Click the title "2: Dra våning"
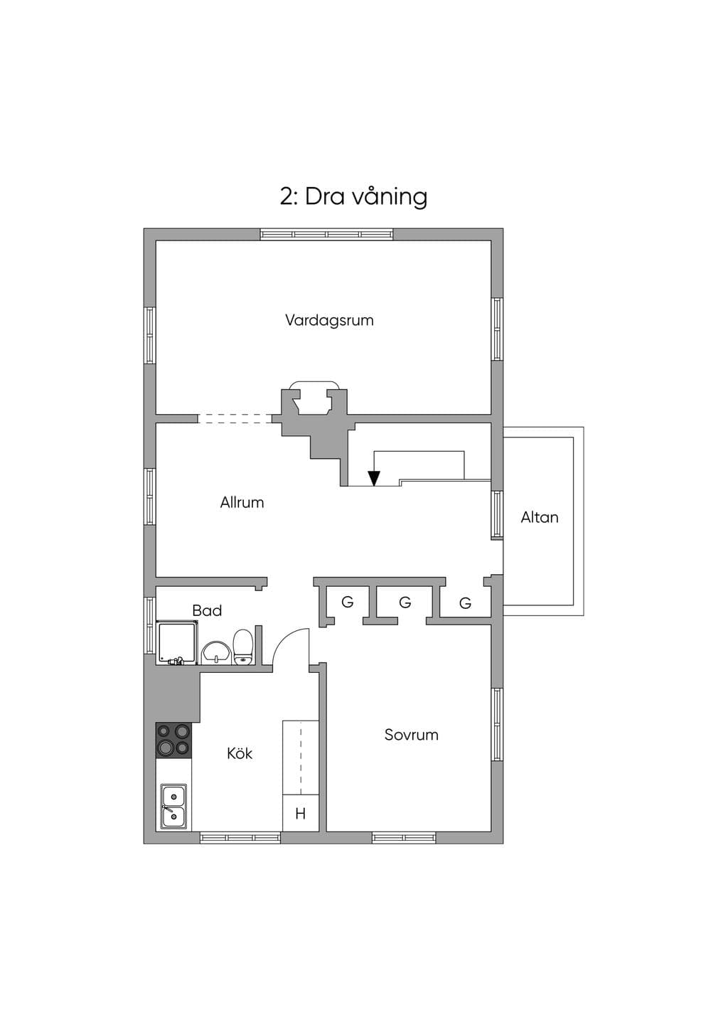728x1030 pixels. tap(353, 197)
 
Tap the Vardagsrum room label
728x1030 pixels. tap(330, 320)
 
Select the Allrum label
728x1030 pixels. tap(242, 502)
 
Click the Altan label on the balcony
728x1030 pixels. tap(540, 517)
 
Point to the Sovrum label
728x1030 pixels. tap(412, 735)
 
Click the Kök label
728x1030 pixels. tap(240, 753)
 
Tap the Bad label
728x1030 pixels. tap(207, 610)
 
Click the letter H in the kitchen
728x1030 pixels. tap(301, 814)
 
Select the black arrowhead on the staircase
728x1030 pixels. tap(375, 478)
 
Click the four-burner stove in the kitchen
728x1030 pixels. tap(173, 740)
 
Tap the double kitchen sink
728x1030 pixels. tap(173, 807)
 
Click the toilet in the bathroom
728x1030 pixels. tap(242, 647)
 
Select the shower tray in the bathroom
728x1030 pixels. tap(177, 642)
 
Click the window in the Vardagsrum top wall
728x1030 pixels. tap(327, 235)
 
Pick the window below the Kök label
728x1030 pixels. tap(240, 838)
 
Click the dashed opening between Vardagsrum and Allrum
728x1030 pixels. tap(235, 418)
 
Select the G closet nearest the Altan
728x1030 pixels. tap(465, 602)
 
